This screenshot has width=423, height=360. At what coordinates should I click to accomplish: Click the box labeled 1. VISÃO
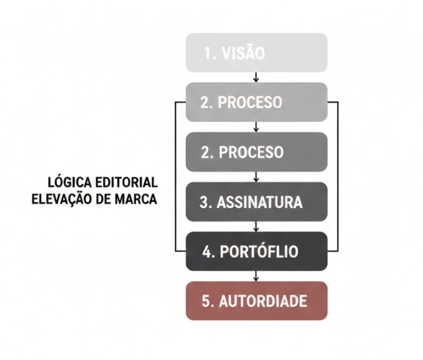coord(256,53)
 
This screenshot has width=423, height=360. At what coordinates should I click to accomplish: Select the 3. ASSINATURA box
coord(256,202)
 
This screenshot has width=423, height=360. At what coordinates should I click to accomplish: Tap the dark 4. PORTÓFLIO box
coord(256,251)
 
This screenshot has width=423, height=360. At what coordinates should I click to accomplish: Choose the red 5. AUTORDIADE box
coord(256,301)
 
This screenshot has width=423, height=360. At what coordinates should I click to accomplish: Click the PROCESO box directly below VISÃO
coord(256,102)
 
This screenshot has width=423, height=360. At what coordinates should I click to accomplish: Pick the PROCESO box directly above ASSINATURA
coord(256,152)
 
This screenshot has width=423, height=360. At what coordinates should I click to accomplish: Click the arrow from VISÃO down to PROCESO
coord(256,77)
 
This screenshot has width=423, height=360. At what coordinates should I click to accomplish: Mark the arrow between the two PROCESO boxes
coord(256,127)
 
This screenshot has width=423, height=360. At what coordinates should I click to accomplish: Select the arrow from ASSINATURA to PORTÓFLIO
coord(256,227)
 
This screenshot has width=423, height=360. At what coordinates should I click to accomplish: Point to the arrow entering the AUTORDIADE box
coord(256,276)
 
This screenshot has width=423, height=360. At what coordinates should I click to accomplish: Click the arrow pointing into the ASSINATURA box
coord(256,177)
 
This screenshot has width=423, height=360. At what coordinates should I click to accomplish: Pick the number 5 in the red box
coord(206,301)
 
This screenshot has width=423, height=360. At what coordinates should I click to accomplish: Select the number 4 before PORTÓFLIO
coord(207,252)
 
